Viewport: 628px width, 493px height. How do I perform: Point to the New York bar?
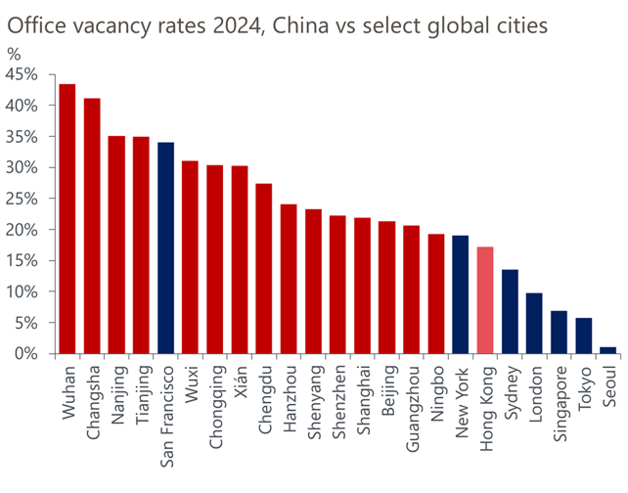click(x=461, y=294)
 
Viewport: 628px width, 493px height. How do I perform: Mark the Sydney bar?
click(x=510, y=312)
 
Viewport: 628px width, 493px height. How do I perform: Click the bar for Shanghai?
click(x=362, y=286)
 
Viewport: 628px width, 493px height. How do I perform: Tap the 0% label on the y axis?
click(x=25, y=354)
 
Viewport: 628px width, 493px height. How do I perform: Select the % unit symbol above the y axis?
click(x=14, y=54)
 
